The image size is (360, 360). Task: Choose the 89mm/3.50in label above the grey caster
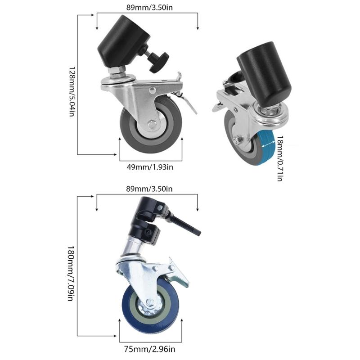147,8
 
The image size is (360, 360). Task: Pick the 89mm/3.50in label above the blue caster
147,189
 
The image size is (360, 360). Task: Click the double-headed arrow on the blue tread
268,143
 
